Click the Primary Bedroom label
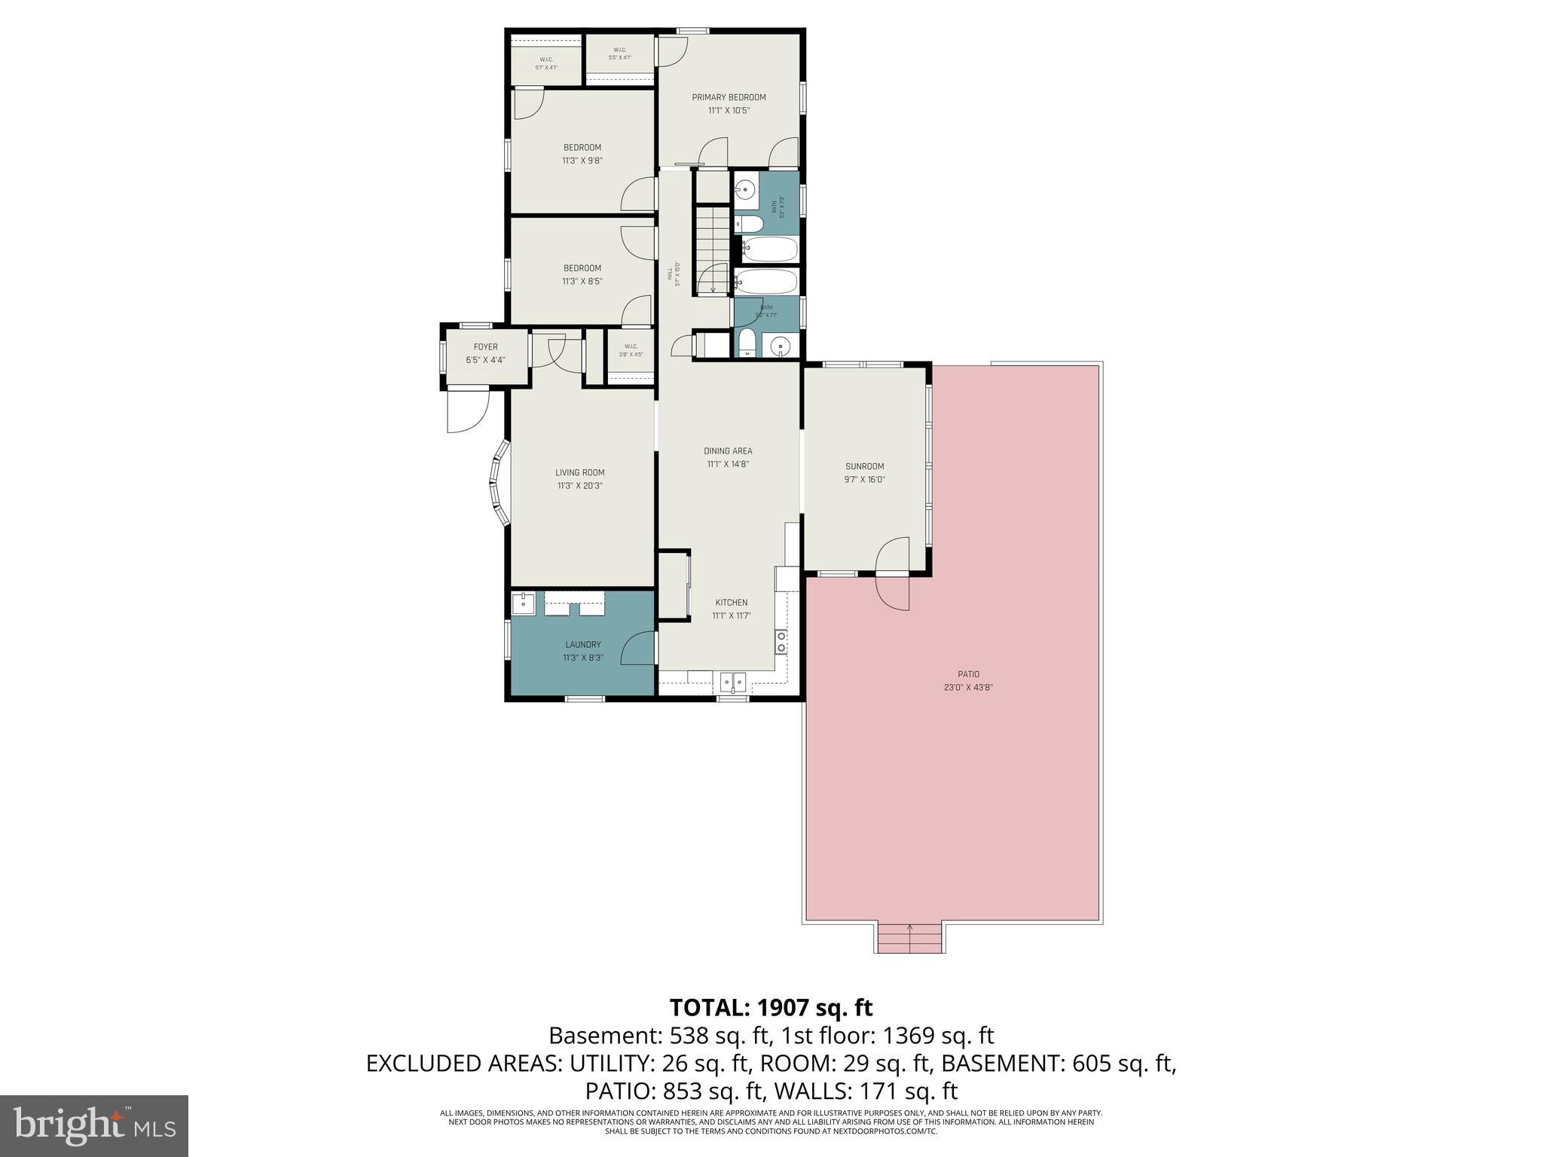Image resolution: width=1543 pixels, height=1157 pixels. pyautogui.click(x=729, y=97)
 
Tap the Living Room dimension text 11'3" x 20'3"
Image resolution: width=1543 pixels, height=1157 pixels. pyautogui.click(x=579, y=486)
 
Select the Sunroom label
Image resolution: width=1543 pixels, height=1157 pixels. pyautogui.click(x=864, y=466)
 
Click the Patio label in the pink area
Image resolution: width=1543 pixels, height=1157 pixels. pyautogui.click(x=968, y=674)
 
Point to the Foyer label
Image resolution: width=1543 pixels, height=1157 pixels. pyautogui.click(x=485, y=347)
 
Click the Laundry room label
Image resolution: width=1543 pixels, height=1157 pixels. pyautogui.click(x=582, y=645)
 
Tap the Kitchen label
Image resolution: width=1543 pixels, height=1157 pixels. pyautogui.click(x=731, y=603)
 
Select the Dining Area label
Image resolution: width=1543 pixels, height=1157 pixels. pyautogui.click(x=728, y=451)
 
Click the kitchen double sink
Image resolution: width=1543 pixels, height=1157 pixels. pyautogui.click(x=732, y=682)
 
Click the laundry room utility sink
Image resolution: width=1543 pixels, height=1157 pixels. pyautogui.click(x=522, y=603)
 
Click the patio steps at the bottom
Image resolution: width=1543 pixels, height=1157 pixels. pyautogui.click(x=909, y=939)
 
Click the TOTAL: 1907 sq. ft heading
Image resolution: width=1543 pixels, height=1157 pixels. pyautogui.click(x=771, y=1007)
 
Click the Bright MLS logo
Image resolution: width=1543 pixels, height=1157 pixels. pyautogui.click(x=94, y=1125)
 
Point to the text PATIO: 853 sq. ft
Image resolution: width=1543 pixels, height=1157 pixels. pyautogui.click(x=666, y=1091)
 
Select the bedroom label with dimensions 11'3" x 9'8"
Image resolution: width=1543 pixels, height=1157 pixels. pyautogui.click(x=582, y=154)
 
